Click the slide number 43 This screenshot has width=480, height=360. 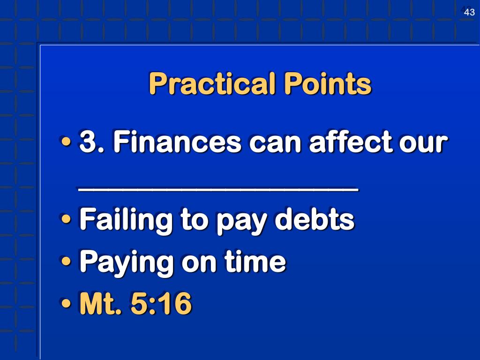469,12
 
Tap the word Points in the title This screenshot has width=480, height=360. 327,84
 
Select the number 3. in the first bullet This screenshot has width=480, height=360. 92,142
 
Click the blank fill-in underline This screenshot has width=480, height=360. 218,189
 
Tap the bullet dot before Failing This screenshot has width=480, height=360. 66,219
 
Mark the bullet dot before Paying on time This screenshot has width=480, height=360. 66,262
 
